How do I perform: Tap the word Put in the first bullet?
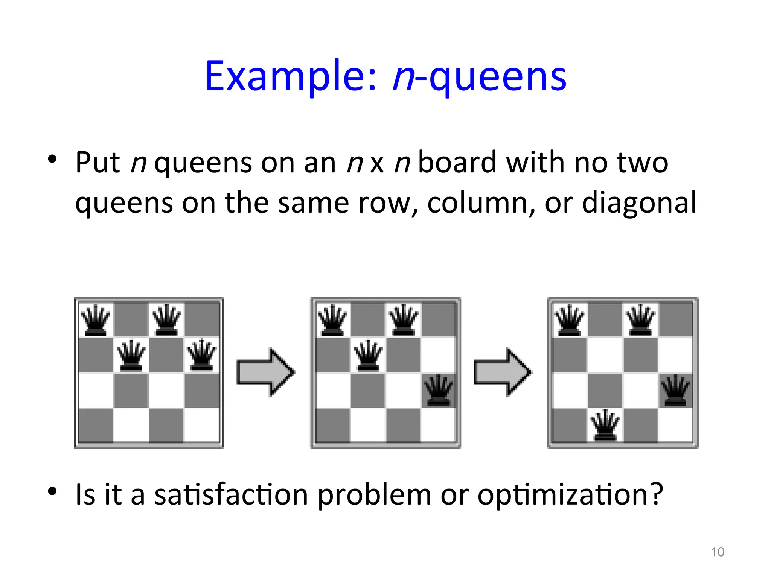click(98, 163)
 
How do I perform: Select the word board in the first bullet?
click(457, 163)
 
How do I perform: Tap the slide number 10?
click(717, 552)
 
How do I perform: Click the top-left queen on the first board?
click(96, 320)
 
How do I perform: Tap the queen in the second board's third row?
click(438, 390)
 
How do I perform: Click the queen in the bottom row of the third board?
click(605, 425)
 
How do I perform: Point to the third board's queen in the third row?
click(675, 390)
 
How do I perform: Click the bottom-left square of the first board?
click(96, 425)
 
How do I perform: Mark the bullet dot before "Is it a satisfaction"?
click(52, 491)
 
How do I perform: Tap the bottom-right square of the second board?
click(438, 425)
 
